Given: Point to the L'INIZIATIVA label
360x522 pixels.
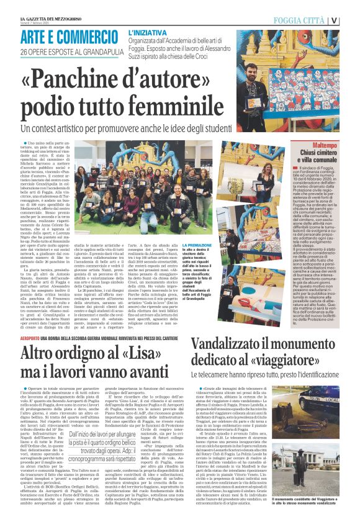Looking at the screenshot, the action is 147,31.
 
